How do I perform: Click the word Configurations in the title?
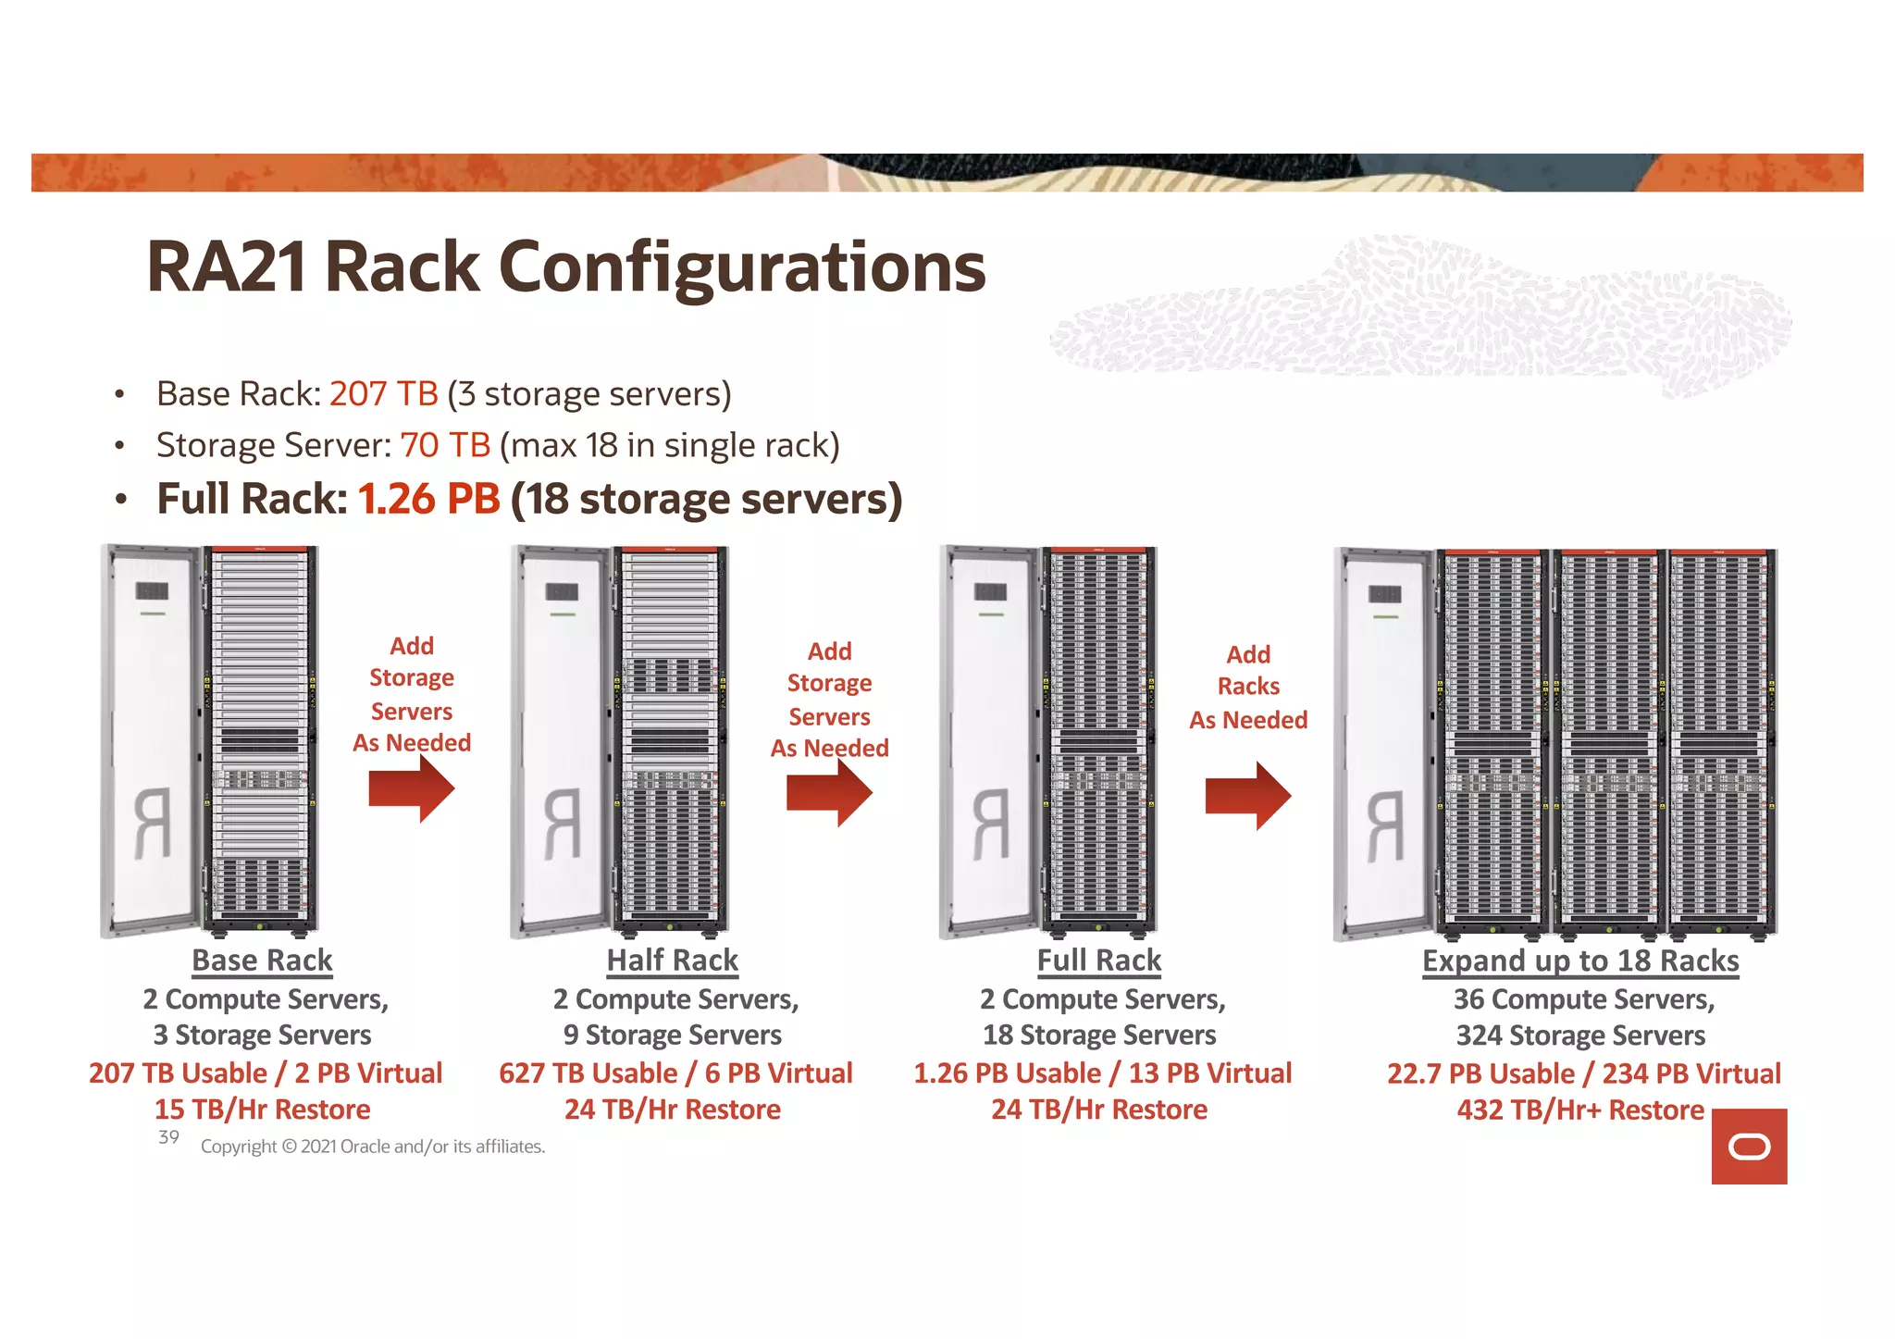pyautogui.click(x=742, y=267)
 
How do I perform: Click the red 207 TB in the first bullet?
pyautogui.click(x=383, y=394)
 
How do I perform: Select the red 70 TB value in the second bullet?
pyautogui.click(x=444, y=446)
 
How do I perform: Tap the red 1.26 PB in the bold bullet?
pyautogui.click(x=428, y=499)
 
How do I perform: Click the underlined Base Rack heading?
pyautogui.click(x=262, y=961)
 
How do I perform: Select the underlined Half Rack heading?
pyautogui.click(x=673, y=961)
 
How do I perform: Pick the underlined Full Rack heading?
pyautogui.click(x=1099, y=961)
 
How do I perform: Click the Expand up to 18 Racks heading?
pyautogui.click(x=1580, y=961)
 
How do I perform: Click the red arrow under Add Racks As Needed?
pyautogui.click(x=1248, y=796)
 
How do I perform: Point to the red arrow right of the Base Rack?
pyautogui.click(x=412, y=789)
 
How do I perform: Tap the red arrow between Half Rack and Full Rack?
pyautogui.click(x=830, y=793)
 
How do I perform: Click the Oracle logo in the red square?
pyautogui.click(x=1749, y=1147)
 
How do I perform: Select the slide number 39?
pyautogui.click(x=168, y=1137)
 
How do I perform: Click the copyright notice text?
pyautogui.click(x=373, y=1147)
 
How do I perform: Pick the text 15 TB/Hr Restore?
pyautogui.click(x=262, y=1110)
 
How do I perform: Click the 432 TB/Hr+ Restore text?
pyautogui.click(x=1580, y=1110)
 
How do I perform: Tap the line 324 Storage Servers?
pyautogui.click(x=1580, y=1035)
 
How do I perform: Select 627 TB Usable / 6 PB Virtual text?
pyautogui.click(x=675, y=1073)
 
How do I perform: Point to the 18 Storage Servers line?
pyautogui.click(x=1099, y=1035)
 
